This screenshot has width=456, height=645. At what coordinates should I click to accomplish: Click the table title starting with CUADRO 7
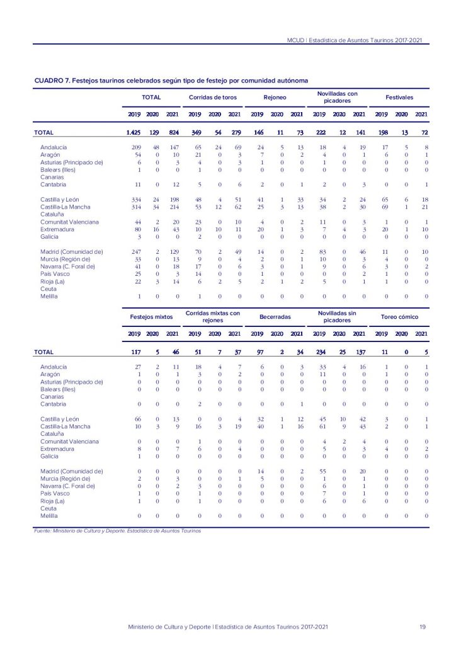171,81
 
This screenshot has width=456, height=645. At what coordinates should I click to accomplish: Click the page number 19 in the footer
423,627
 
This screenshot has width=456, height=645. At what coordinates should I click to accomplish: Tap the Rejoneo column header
275,98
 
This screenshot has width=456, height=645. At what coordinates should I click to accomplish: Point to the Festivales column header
400,98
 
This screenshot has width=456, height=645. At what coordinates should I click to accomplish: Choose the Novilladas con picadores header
338,98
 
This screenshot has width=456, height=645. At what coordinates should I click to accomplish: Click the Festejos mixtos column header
151,316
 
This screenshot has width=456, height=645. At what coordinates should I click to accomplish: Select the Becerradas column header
276,316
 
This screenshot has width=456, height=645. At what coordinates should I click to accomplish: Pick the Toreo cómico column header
400,316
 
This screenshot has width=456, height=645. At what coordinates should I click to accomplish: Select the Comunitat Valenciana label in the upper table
69,222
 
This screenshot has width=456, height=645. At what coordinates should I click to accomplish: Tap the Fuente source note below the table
118,531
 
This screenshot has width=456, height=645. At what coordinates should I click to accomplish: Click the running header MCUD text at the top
354,40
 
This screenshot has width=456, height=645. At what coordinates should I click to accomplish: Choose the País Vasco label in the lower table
55,493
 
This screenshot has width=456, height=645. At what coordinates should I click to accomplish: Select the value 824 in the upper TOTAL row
173,133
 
